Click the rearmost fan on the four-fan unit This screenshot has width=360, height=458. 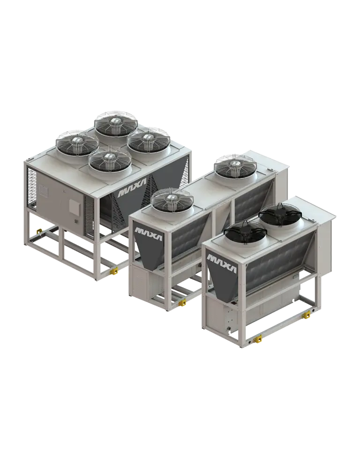(116, 124)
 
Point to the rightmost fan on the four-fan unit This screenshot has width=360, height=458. (149, 140)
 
